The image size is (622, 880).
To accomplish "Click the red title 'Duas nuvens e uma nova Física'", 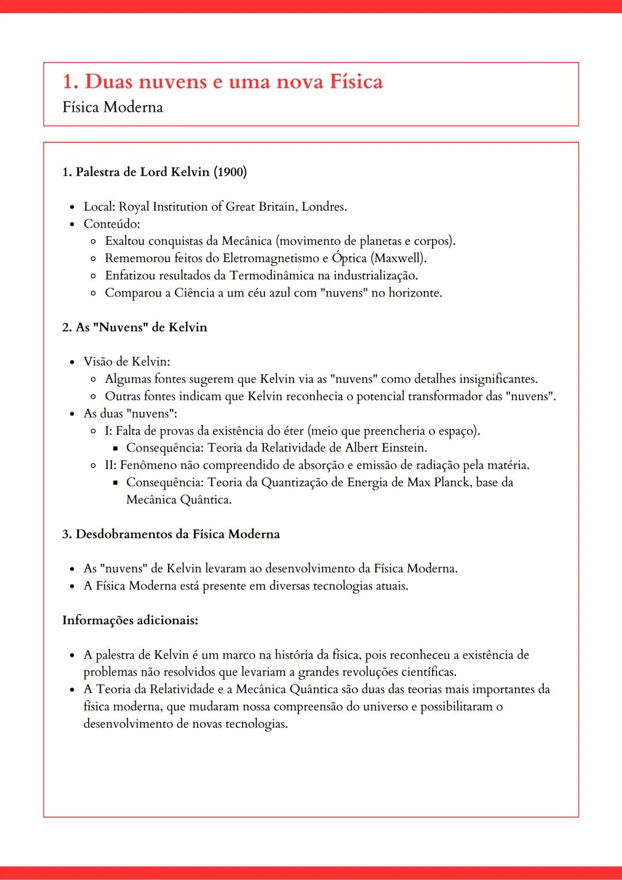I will click(x=233, y=82).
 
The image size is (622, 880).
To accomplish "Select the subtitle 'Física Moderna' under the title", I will click(x=112, y=107).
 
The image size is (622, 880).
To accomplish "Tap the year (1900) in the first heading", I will click(x=230, y=172).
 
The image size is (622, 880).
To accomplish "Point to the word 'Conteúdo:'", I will click(x=112, y=224).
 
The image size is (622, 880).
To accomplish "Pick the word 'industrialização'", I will click(x=375, y=275).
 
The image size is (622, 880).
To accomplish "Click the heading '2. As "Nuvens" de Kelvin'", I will click(x=134, y=327).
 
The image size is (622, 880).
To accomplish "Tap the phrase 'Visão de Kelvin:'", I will click(x=127, y=362).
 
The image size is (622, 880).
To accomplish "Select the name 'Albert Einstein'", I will click(x=385, y=448).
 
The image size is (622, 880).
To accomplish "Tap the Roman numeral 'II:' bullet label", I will click(x=111, y=465).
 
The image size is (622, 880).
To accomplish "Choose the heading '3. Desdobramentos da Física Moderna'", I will click(x=170, y=534).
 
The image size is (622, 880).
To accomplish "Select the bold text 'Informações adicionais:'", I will click(x=130, y=621).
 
